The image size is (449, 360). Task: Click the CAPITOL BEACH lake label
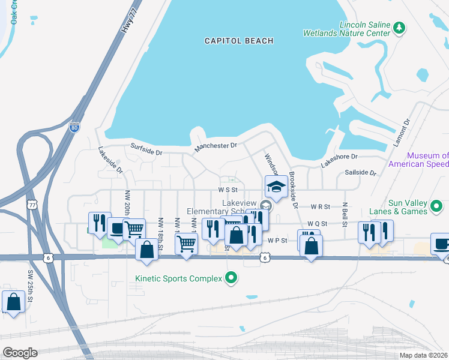(x=238, y=41)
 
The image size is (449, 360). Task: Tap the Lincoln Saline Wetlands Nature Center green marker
(x=399, y=28)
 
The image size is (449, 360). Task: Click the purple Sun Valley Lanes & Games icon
(x=436, y=208)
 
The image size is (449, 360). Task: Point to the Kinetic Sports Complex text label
(x=178, y=278)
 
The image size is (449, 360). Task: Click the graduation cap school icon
(x=276, y=187)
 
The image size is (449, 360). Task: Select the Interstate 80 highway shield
(x=74, y=127)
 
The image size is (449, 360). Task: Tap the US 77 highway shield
(x=32, y=205)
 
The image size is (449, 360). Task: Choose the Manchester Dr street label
(x=215, y=146)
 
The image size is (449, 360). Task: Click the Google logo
(x=20, y=352)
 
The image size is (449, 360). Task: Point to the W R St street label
(x=320, y=206)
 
